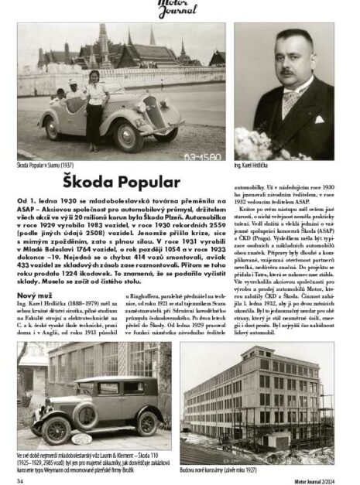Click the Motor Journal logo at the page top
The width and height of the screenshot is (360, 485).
pos(180,9)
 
